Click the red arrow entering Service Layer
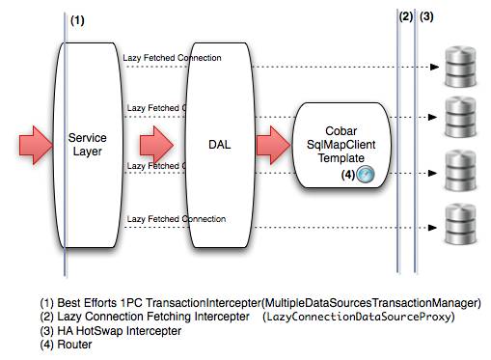click(x=37, y=145)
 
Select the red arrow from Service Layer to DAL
click(x=154, y=145)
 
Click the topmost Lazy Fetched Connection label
click(x=172, y=57)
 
